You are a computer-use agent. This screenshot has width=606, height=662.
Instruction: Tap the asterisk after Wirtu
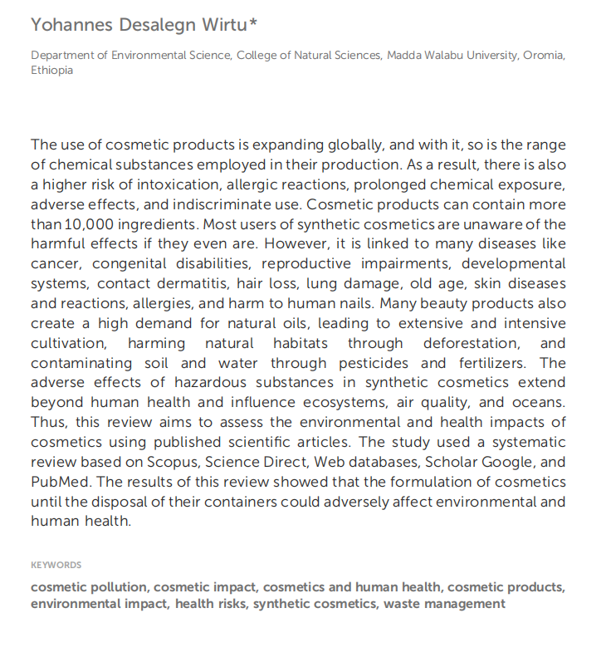pyautogui.click(x=253, y=22)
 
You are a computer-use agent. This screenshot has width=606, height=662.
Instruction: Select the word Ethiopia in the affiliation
pyautogui.click(x=51, y=71)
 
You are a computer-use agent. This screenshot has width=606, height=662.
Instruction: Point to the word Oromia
pyautogui.click(x=544, y=56)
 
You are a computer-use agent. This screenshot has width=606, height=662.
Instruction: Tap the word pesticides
pyautogui.click(x=373, y=363)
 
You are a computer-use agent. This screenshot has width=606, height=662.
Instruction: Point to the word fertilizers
pyautogui.click(x=488, y=363)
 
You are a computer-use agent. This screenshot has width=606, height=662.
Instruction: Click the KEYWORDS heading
pyautogui.click(x=56, y=565)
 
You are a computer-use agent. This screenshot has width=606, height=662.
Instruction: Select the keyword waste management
pyautogui.click(x=444, y=604)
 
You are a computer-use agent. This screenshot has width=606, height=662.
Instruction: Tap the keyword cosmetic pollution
pyautogui.click(x=89, y=587)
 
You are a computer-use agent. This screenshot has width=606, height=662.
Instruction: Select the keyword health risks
pyautogui.click(x=211, y=604)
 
